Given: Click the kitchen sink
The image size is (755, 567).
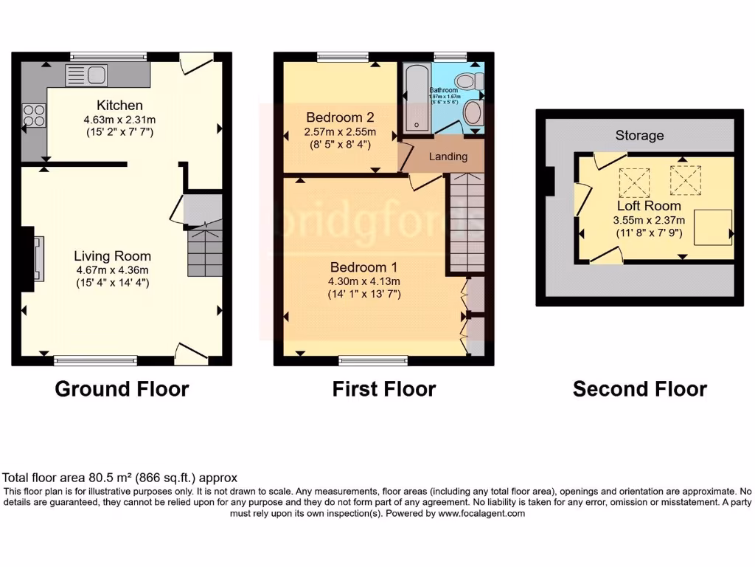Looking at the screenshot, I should [86, 73].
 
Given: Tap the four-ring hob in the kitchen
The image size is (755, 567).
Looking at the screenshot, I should [34, 116].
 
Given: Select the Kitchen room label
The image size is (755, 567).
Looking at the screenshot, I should [119, 105].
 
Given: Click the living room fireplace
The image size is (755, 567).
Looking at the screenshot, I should [34, 258].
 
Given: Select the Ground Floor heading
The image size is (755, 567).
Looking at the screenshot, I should [122, 389].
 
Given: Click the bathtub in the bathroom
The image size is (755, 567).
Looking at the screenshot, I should [411, 97].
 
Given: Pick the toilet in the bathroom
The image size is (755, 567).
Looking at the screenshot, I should [469, 80].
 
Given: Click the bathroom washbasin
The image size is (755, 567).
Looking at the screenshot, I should [473, 114].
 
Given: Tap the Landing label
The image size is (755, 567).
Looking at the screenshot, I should [448, 157].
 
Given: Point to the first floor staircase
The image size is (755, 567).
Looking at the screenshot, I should [466, 221].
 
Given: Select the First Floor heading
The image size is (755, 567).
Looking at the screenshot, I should [384, 389].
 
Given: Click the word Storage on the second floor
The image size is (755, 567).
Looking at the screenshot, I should [639, 135].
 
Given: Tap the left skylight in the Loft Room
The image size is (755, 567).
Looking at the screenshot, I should [633, 179].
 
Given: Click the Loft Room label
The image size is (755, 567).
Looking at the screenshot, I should [649, 206].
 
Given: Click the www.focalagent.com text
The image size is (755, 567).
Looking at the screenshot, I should [482, 513].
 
